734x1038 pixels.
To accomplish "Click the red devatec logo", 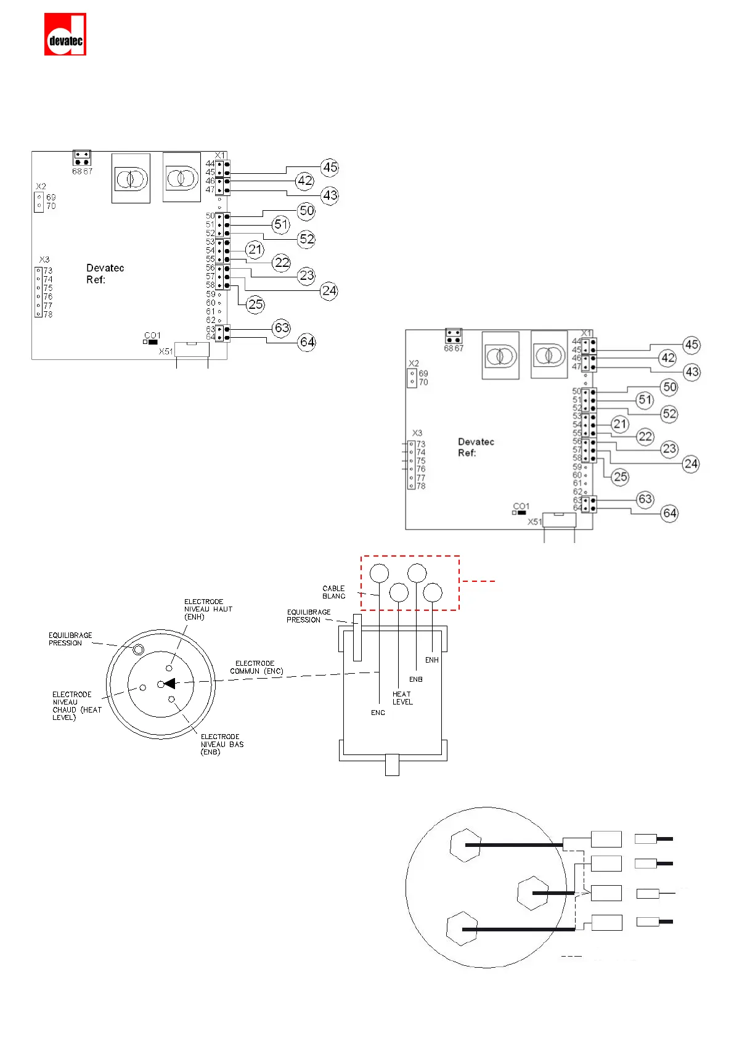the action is (65, 35).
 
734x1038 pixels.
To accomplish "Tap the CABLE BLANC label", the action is (333, 592).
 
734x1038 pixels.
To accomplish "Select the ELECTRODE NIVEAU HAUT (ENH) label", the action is (208, 609).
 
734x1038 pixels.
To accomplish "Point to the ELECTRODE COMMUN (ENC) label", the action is (256, 667).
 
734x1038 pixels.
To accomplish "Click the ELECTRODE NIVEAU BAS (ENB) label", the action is (222, 744).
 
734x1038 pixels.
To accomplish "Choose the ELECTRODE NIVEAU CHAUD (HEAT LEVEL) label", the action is (76, 706).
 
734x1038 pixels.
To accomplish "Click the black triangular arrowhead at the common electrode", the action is (169, 683).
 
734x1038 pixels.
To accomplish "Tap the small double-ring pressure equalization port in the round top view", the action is (139, 649).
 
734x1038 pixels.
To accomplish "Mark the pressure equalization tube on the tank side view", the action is (357, 637).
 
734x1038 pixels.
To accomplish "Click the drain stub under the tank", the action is (392, 764).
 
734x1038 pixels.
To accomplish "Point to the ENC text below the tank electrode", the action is (378, 713).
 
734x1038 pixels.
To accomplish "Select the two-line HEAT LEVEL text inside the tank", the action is (402, 698).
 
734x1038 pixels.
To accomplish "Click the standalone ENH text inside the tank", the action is (432, 660).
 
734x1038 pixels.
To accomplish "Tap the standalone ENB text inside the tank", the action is (416, 679).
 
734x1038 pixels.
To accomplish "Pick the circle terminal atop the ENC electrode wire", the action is (380, 573).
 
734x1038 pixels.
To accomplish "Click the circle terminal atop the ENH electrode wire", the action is (433, 592).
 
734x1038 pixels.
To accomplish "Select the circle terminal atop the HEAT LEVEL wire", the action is (399, 592).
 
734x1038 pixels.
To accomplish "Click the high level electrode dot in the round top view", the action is (169, 668).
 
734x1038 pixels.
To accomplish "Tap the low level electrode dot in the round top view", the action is (172, 699).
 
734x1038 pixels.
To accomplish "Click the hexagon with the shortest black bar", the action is (532, 893).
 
